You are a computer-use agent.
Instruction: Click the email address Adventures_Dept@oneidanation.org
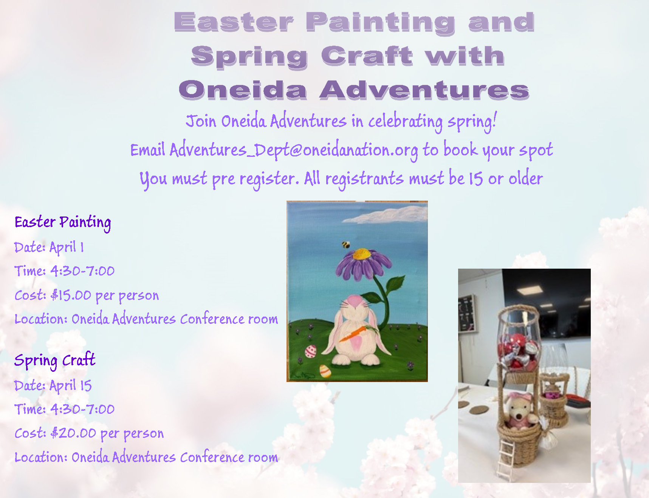click(x=294, y=150)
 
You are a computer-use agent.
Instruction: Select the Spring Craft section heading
click(x=55, y=360)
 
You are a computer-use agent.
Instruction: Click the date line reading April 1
click(x=49, y=247)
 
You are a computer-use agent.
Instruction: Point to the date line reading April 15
click(x=53, y=386)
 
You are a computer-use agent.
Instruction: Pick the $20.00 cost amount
click(x=73, y=433)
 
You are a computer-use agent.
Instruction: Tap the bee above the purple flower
click(x=345, y=245)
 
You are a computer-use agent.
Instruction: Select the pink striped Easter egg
click(x=311, y=351)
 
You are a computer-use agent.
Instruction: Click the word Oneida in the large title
click(x=243, y=91)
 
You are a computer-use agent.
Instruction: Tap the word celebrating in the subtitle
click(x=406, y=122)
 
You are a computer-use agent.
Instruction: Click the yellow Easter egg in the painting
click(x=325, y=371)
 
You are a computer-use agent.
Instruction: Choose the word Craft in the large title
click(x=367, y=56)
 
